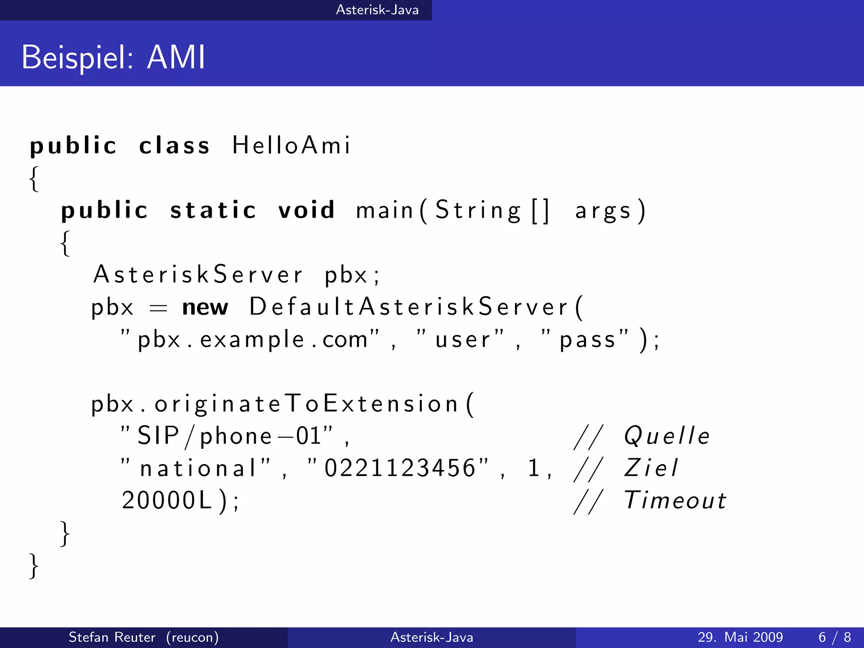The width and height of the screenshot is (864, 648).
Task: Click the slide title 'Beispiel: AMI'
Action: point(113,57)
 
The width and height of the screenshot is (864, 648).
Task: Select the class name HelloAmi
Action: point(291,146)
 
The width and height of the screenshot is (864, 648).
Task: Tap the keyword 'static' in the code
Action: point(213,210)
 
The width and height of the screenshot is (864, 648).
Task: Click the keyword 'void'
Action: point(307,210)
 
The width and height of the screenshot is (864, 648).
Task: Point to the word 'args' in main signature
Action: point(603,211)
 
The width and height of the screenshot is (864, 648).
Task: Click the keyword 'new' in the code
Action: point(205,307)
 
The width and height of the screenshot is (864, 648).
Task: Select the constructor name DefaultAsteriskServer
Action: point(408,307)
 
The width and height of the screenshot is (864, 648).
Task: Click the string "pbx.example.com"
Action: point(250,339)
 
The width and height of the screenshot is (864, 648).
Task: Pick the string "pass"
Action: point(585,339)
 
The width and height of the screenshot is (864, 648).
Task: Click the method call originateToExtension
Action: point(306,404)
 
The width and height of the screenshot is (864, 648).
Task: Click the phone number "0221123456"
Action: point(399,468)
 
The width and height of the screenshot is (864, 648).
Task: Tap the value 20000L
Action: point(167,501)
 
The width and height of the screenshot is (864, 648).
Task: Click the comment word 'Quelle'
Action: point(667,436)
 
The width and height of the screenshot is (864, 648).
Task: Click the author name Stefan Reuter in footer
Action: point(112,637)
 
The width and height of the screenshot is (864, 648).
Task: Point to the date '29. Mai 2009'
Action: point(740,637)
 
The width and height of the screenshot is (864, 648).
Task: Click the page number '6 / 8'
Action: point(834,637)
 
